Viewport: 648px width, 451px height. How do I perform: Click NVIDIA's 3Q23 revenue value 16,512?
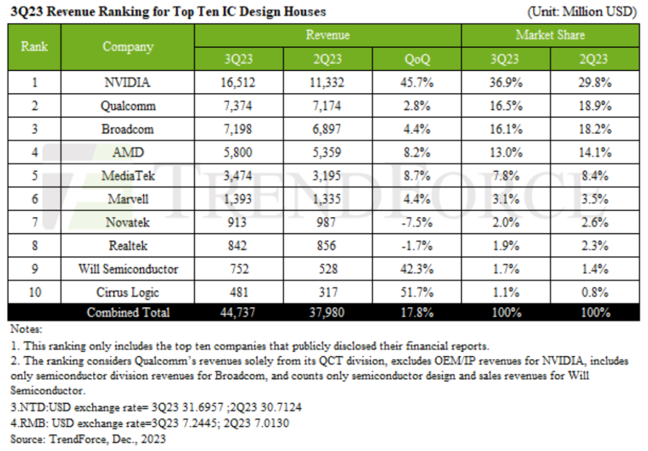tap(239, 83)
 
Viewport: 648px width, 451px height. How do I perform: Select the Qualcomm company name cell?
tap(128, 106)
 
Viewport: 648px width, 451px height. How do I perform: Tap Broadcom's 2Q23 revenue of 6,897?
tap(328, 130)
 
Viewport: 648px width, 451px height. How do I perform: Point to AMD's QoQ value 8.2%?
tap(416, 152)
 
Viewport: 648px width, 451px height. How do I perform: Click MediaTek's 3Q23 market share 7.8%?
tap(505, 176)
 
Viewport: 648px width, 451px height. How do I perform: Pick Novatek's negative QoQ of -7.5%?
tap(416, 223)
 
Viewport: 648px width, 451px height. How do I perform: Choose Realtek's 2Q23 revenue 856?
tap(328, 246)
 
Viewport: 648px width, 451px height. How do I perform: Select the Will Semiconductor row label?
tap(128, 269)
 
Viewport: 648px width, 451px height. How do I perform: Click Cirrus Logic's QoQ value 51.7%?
tap(416, 292)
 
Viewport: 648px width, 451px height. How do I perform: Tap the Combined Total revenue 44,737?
tap(239, 312)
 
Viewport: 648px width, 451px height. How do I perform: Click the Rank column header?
tap(34, 47)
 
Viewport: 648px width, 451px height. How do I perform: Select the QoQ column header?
tap(416, 59)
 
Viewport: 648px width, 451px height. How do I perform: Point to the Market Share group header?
tap(550, 35)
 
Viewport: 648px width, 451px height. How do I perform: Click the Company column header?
tap(128, 47)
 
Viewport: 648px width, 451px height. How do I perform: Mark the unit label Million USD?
tap(581, 12)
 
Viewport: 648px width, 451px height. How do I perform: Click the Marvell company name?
tap(128, 199)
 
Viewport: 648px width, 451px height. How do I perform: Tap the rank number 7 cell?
tap(34, 223)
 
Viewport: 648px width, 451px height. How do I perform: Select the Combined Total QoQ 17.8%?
tap(416, 312)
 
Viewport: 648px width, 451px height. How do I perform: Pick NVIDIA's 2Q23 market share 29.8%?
tap(594, 83)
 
